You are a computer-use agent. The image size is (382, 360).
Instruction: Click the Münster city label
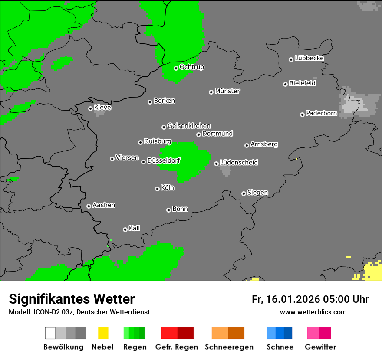click(227, 91)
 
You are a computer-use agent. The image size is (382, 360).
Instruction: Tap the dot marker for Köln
click(157, 189)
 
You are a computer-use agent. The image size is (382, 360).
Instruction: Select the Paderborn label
click(321, 114)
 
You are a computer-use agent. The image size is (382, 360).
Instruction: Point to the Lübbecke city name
click(309, 58)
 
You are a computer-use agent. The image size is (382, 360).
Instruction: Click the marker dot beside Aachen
click(89, 206)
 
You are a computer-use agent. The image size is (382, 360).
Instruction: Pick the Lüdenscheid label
click(239, 163)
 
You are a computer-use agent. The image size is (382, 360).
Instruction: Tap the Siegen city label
click(257, 193)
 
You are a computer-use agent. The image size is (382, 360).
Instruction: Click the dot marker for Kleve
click(90, 108)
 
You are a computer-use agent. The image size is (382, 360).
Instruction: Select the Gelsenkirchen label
click(189, 126)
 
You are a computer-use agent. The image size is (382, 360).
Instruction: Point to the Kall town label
click(135, 228)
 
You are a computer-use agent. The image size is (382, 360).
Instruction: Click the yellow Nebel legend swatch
click(103, 333)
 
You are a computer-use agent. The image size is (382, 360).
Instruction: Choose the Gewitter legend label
click(320, 347)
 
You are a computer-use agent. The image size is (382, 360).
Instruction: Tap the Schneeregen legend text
click(229, 347)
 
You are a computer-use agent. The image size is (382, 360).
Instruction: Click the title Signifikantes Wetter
click(72, 299)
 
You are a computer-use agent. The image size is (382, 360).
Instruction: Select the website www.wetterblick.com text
click(313, 312)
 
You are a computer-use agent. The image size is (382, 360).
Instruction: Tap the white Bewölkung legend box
click(50, 333)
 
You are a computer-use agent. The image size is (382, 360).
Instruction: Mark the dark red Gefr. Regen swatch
click(185, 333)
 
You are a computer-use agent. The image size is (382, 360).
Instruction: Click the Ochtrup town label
click(191, 67)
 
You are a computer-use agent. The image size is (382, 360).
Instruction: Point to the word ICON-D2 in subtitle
click(45, 312)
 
